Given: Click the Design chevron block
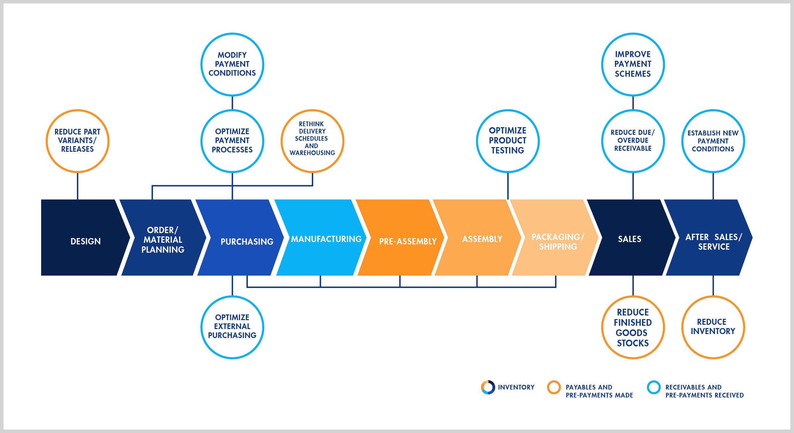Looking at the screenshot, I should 83,238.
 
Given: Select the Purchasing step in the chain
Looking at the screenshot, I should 242,238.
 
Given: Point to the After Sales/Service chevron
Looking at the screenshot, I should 710,238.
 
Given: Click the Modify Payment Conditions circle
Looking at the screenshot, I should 232,64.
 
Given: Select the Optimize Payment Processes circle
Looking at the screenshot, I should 232,141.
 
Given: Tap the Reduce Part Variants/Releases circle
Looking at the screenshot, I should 77,141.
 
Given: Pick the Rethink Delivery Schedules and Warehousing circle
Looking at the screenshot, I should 312,141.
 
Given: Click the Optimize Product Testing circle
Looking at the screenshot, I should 508,141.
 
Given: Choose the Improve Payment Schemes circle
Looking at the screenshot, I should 633,64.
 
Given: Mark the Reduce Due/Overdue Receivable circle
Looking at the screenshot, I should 633,141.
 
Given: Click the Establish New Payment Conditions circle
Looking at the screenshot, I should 713,141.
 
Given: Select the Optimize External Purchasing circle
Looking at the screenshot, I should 232,327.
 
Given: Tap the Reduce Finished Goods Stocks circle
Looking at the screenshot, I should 633,327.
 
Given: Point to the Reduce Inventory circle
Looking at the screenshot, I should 713,327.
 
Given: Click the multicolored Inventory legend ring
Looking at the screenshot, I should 488,387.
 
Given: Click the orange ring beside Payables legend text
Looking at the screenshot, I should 554,387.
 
